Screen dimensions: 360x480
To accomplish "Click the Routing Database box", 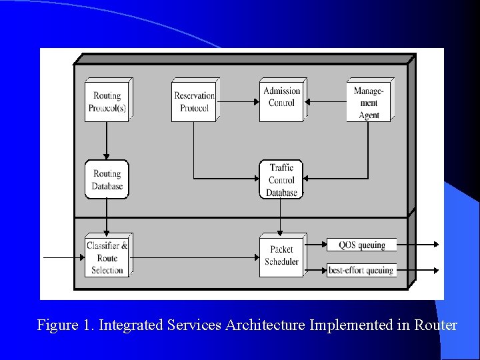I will tap(107, 179).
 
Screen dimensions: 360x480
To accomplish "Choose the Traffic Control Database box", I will tap(281, 180).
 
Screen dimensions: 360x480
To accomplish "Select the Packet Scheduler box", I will tap(281, 256).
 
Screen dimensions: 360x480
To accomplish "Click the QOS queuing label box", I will tap(361, 245).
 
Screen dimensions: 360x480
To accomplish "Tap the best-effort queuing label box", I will tap(361, 270).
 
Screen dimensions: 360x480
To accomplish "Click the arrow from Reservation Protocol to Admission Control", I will tap(238, 102).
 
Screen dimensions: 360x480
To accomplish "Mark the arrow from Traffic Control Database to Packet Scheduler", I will tap(281, 216).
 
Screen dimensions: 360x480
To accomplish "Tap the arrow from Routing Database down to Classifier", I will tap(107, 216).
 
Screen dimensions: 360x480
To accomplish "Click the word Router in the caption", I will tap(435, 325).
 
